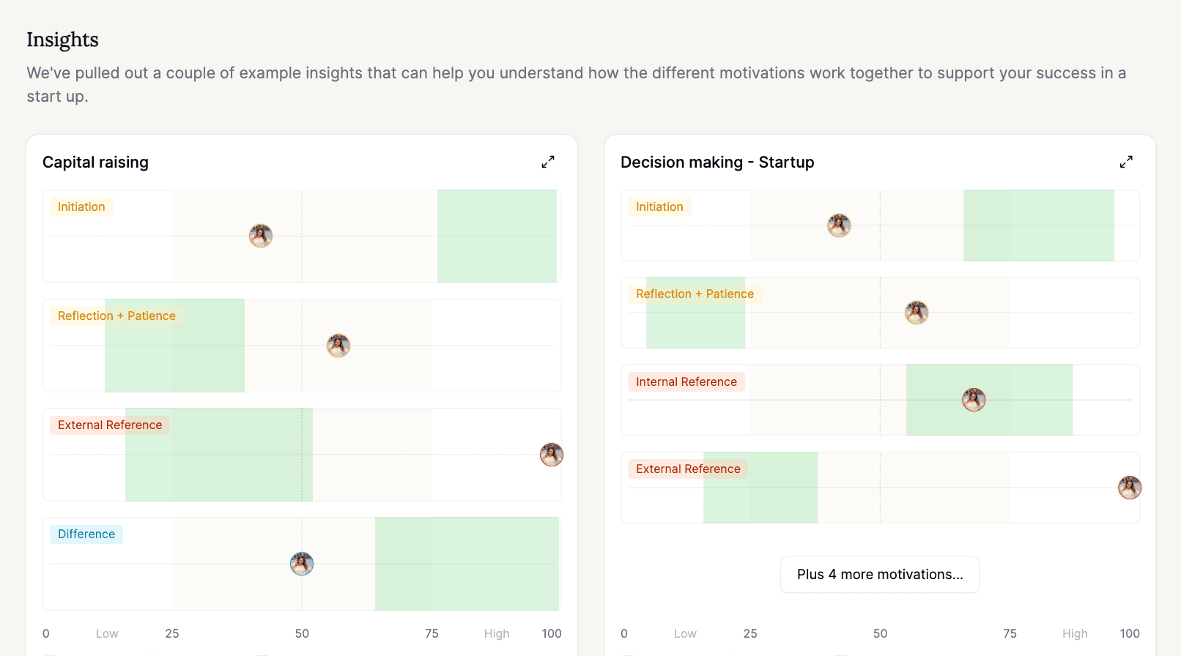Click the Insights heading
[x=62, y=40]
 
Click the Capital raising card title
[x=95, y=163]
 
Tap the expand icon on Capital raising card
[x=548, y=162]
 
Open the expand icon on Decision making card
[x=1126, y=162]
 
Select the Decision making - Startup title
[x=717, y=163]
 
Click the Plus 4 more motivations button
[x=880, y=575]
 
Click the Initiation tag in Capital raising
[x=81, y=207]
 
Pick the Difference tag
[x=86, y=534]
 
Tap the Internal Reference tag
[x=686, y=382]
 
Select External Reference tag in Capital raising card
[x=110, y=425]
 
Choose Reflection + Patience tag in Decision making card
[x=695, y=294]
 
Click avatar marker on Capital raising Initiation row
[x=261, y=236]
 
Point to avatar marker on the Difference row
[x=302, y=564]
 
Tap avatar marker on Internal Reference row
[x=974, y=400]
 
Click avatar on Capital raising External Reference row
[x=552, y=455]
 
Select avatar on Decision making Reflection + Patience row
[x=917, y=313]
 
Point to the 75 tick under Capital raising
[x=432, y=634]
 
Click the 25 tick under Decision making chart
[x=750, y=634]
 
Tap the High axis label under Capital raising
[x=497, y=634]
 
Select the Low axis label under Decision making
[x=685, y=634]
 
